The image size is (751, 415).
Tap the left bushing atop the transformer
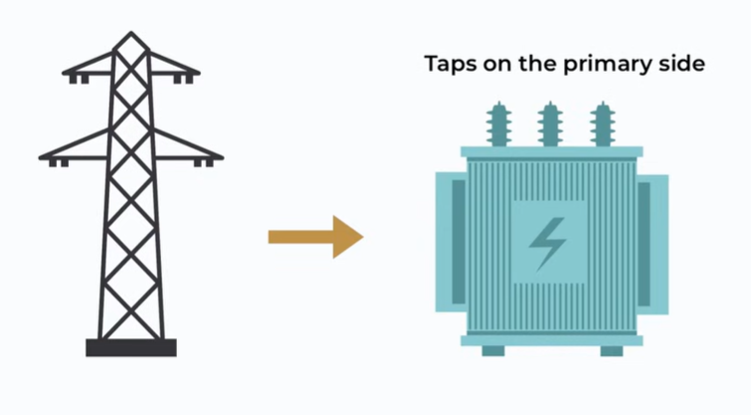point(497,124)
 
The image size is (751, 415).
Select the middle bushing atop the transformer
point(549,124)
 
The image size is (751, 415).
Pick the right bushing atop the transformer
point(601,124)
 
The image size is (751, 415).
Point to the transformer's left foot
point(493,350)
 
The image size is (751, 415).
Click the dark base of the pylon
point(130,347)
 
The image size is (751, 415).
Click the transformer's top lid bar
point(551,152)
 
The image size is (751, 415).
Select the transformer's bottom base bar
point(551,339)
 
